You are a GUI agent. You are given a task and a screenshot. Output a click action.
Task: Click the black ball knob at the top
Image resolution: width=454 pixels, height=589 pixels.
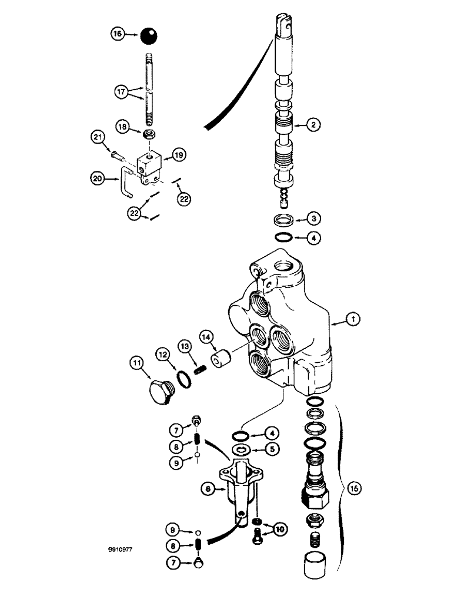click(149, 37)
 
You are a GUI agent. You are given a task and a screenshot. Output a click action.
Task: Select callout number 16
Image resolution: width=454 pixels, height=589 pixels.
click(118, 35)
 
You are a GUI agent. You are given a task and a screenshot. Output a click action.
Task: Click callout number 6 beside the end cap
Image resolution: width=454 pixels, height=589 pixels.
click(208, 488)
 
